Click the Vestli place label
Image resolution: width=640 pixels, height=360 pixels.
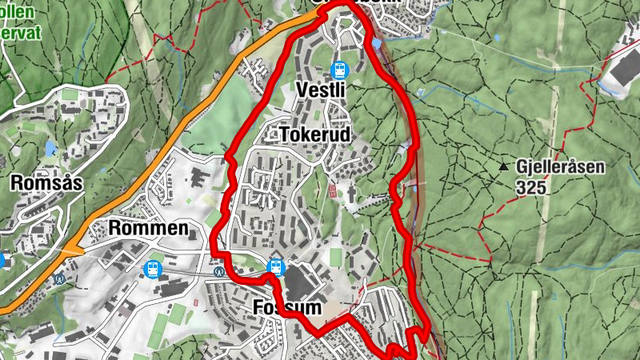pyautogui.click(x=320, y=90)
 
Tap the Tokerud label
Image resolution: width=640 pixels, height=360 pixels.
pyautogui.click(x=316, y=135)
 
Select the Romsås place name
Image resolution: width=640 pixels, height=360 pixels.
pyautogui.click(x=47, y=183)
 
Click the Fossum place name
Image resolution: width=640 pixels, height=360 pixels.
pyautogui.click(x=286, y=308)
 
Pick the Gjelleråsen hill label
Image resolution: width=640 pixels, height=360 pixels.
pyautogui.click(x=561, y=168)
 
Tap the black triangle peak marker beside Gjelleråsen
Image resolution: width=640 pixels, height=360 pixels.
pyautogui.click(x=503, y=167)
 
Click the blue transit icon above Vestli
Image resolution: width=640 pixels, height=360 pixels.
pyautogui.click(x=338, y=70)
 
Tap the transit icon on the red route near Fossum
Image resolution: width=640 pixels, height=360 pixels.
pyautogui.click(x=275, y=266)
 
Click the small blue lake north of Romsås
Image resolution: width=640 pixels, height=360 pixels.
pyautogui.click(x=51, y=149)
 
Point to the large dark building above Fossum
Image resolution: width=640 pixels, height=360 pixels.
pyautogui.click(x=302, y=282)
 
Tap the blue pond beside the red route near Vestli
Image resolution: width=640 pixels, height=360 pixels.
pyautogui.click(x=375, y=43)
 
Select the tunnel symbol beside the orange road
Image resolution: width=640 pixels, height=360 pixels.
pyautogui.click(x=60, y=280)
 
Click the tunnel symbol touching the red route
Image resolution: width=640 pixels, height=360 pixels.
pyautogui.click(x=218, y=269)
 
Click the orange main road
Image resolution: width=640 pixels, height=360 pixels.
pyautogui.click(x=160, y=152)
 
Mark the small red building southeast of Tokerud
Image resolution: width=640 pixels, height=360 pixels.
pyautogui.click(x=332, y=191)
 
